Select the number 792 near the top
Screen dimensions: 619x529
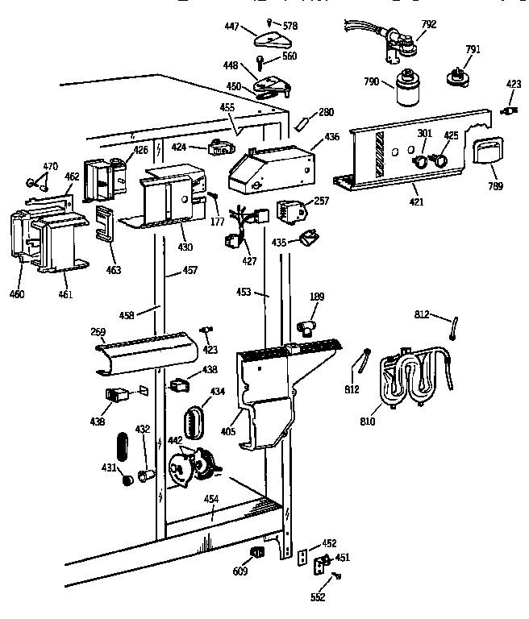[428, 24]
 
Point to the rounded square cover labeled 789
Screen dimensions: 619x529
[486, 152]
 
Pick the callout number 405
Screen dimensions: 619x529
[228, 432]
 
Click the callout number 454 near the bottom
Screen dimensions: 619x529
[210, 500]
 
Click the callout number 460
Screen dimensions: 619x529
[17, 293]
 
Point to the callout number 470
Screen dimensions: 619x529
[50, 167]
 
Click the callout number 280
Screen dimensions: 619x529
[326, 112]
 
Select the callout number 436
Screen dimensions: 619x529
[331, 137]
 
